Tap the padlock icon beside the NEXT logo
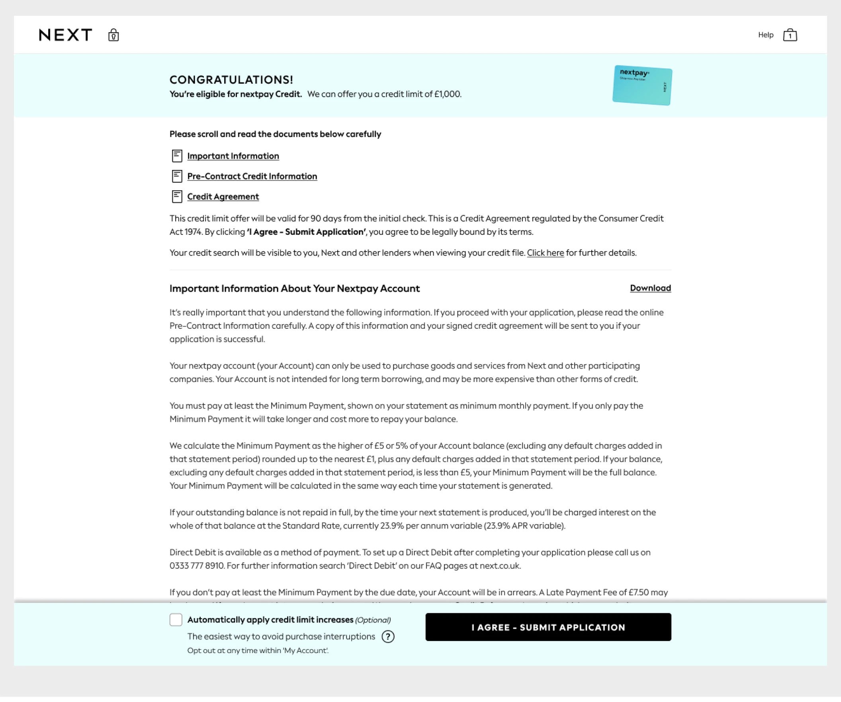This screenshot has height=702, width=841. click(x=113, y=35)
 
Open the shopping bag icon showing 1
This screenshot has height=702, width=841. click(x=790, y=35)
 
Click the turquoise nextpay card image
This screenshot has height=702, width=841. click(x=642, y=85)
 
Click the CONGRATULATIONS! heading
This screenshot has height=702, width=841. click(x=231, y=80)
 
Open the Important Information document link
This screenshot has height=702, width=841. click(x=233, y=156)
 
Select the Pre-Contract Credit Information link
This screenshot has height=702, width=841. click(x=252, y=177)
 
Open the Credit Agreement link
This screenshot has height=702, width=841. click(x=223, y=197)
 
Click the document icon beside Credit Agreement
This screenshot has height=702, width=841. click(x=177, y=197)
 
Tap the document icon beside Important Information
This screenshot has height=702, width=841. click(x=177, y=156)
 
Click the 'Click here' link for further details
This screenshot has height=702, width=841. click(x=545, y=253)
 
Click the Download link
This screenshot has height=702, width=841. click(x=650, y=288)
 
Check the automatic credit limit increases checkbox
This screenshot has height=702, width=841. click(x=176, y=620)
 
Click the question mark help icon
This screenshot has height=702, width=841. click(x=388, y=636)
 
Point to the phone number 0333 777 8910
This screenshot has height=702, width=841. click(x=196, y=566)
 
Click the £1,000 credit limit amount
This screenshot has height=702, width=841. click(x=447, y=94)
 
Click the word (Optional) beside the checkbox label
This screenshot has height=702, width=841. click(x=373, y=620)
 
